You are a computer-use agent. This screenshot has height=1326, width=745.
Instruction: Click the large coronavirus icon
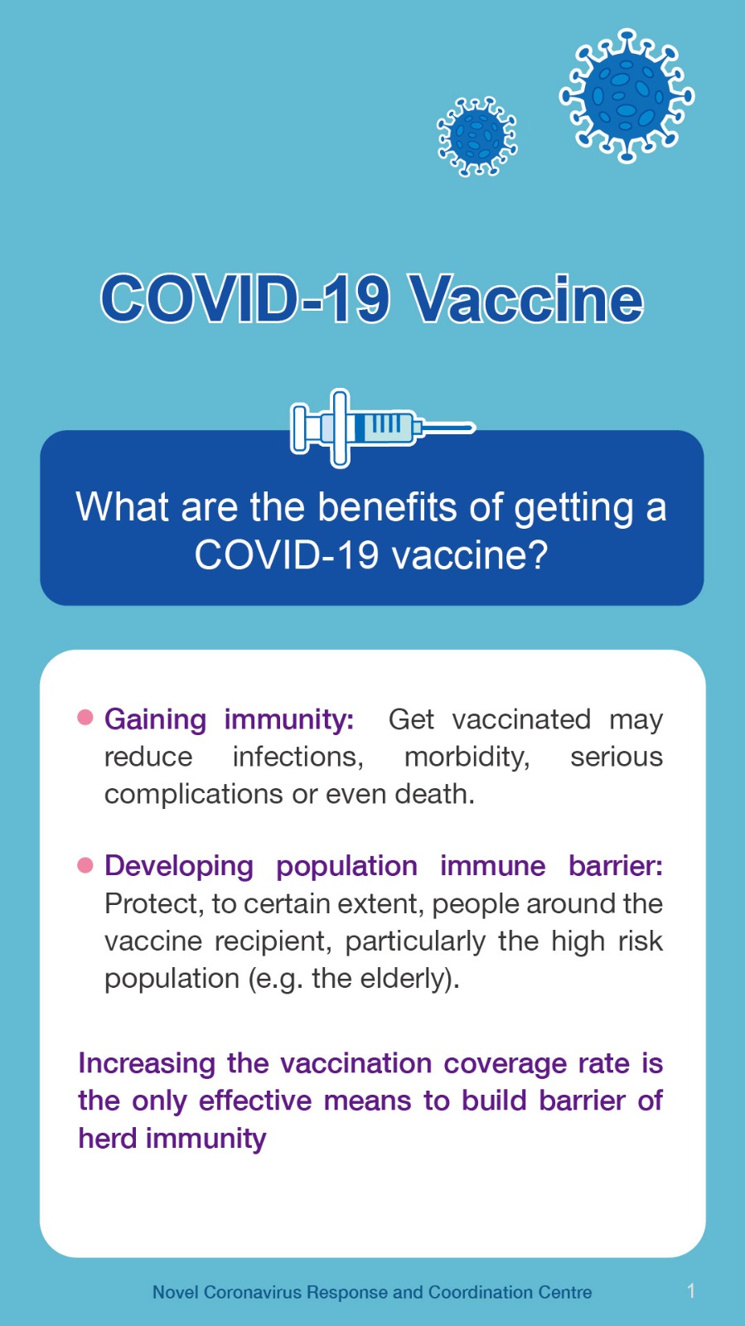pyautogui.click(x=626, y=95)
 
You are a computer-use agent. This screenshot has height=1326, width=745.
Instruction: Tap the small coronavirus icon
pyautogui.click(x=477, y=137)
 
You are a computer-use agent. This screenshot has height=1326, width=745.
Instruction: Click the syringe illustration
pyautogui.click(x=382, y=428)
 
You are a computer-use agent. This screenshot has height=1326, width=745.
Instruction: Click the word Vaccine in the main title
pyautogui.click(x=528, y=299)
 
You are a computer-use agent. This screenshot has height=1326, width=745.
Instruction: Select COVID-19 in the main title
pyautogui.click(x=245, y=299)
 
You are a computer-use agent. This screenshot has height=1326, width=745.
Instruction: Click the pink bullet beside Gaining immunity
pyautogui.click(x=85, y=718)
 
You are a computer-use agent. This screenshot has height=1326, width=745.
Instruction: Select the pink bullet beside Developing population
pyautogui.click(x=85, y=865)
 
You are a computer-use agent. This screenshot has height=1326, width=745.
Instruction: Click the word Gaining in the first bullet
pyautogui.click(x=156, y=720)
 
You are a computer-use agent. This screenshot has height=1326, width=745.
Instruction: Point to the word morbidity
pyautogui.click(x=467, y=757)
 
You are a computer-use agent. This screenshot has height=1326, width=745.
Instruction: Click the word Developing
pyautogui.click(x=179, y=867)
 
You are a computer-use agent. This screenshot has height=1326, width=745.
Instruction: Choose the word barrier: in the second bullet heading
pyautogui.click(x=616, y=866)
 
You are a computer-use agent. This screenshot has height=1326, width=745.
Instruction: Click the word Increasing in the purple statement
pyautogui.click(x=147, y=1064)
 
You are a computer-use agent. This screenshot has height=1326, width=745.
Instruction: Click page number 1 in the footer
pyautogui.click(x=690, y=1291)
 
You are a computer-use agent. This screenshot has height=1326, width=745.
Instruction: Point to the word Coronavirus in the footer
pyautogui.click(x=253, y=1292)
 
